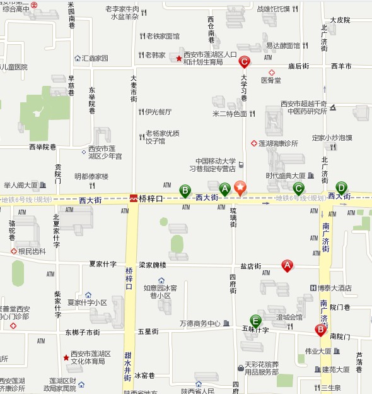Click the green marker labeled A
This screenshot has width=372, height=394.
tap(224, 188)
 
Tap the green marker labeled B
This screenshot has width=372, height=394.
tap(185, 189)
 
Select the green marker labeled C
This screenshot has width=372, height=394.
tap(299, 188)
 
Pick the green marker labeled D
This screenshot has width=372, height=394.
tap(341, 187)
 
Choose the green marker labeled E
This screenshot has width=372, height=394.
tap(255, 320)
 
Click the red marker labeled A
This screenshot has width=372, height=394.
tap(287, 266)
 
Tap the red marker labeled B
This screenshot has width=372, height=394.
tap(320, 329)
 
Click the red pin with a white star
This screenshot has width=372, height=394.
tap(240, 188)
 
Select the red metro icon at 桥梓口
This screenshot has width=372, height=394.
tap(134, 198)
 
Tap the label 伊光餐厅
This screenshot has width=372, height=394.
tap(158, 112)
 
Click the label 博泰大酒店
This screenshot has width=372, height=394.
tap(334, 288)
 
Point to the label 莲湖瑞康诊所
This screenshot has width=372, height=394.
tap(278, 143)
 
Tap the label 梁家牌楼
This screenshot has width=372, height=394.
tap(153, 265)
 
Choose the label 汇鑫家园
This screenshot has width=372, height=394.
tap(95, 58)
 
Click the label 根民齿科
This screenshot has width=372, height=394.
tap(32, 251)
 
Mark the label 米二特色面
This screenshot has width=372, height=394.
tap(230, 114)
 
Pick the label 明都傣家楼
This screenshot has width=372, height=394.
tap(92, 176)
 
